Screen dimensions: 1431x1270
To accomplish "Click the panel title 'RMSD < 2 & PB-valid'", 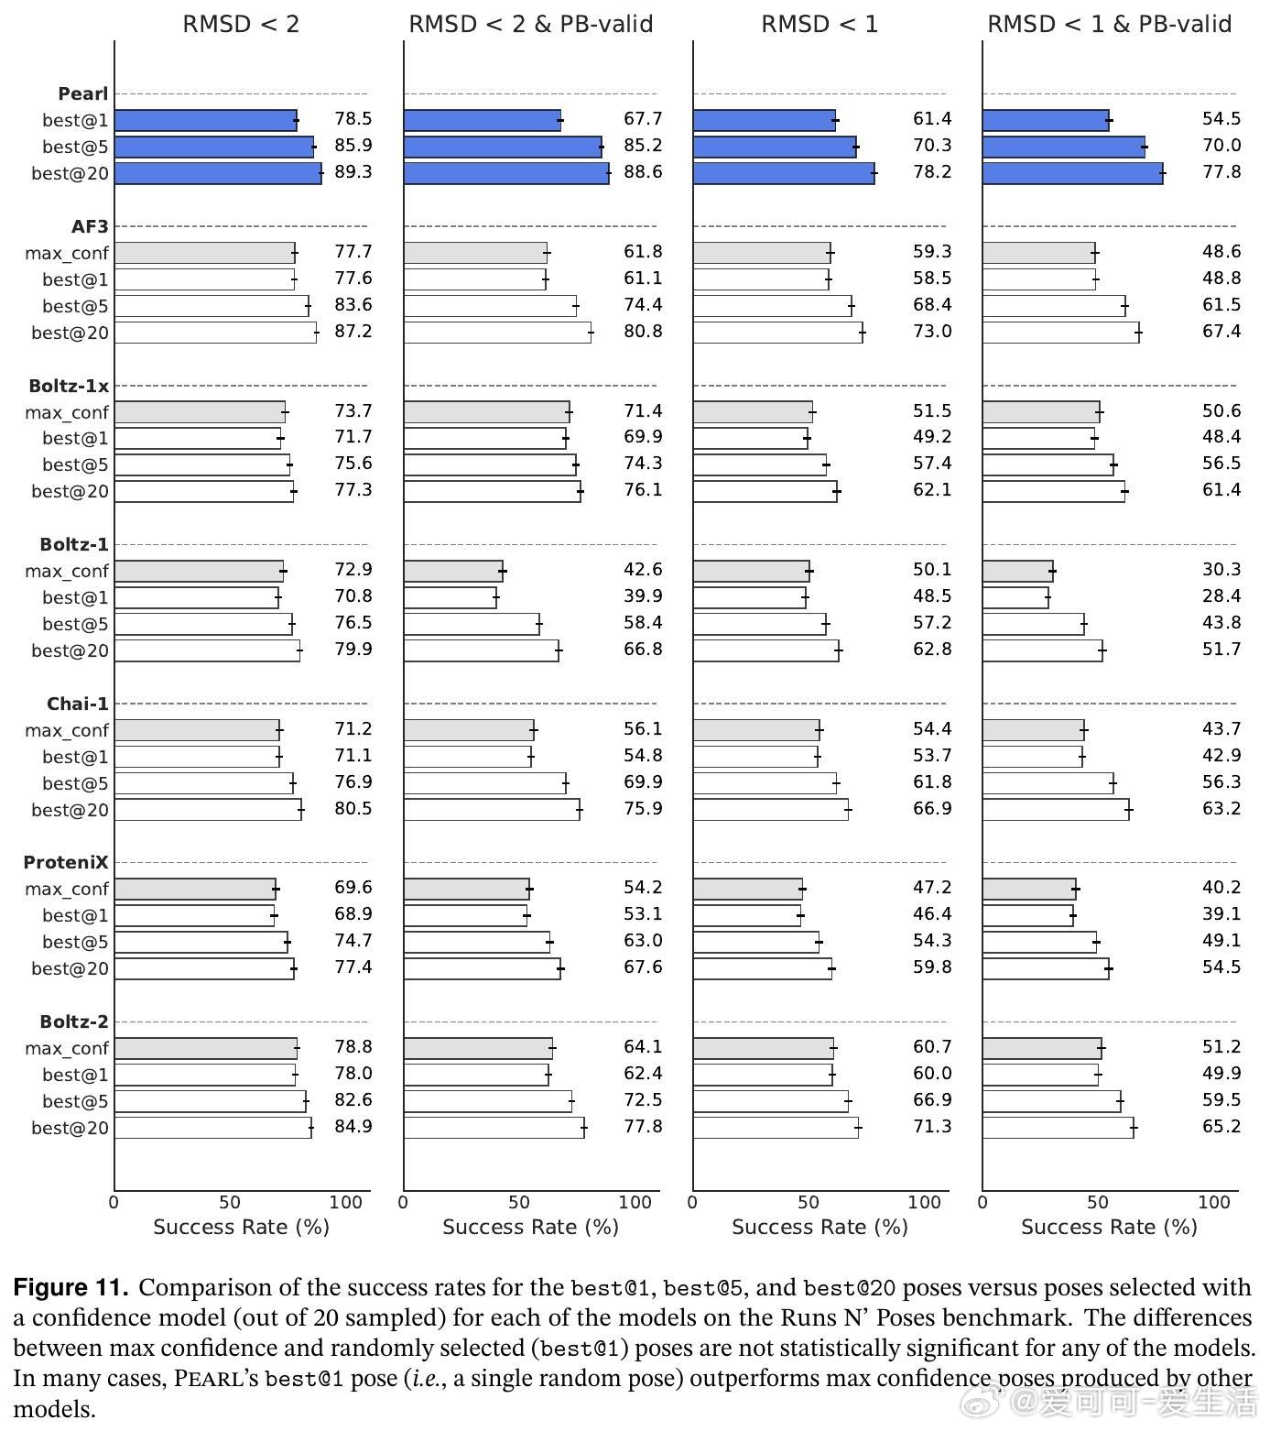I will (530, 24).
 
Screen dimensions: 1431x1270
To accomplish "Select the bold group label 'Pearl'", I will (82, 93).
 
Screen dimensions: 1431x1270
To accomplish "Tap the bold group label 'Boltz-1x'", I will (69, 386).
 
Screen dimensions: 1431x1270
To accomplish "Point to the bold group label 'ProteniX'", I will (66, 862).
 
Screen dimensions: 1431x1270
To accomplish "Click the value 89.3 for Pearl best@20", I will (353, 172).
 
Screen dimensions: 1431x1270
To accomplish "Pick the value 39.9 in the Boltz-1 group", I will (643, 596).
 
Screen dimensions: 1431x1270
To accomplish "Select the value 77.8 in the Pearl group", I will (1221, 172).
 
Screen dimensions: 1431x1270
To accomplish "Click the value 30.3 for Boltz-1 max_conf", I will (1221, 570).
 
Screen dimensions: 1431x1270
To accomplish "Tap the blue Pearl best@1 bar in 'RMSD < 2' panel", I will (205, 120).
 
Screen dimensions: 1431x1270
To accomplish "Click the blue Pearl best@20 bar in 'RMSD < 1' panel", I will (784, 173).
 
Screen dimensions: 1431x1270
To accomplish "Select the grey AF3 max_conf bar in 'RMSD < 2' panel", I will (204, 253).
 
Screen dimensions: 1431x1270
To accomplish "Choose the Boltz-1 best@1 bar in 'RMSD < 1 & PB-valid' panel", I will (1015, 598).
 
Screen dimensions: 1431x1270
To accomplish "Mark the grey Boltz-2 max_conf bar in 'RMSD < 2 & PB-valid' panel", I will (478, 1048).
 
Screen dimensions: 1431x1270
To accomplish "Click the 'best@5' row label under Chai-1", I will (75, 783).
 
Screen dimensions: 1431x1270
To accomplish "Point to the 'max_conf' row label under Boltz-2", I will (67, 1048).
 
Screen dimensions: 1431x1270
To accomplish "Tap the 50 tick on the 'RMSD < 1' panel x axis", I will (809, 1202).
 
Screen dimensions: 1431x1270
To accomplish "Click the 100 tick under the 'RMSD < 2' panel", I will (345, 1202).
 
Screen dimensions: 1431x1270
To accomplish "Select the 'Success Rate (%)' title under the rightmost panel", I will (1109, 1227).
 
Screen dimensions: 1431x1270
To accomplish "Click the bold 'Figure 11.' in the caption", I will (71, 1287).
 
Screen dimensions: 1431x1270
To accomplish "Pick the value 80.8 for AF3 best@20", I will (643, 332).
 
